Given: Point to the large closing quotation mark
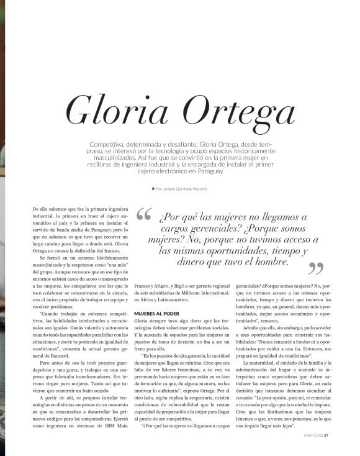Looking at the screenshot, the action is [x=316, y=268].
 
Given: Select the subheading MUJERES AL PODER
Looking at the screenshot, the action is [x=157, y=314].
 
